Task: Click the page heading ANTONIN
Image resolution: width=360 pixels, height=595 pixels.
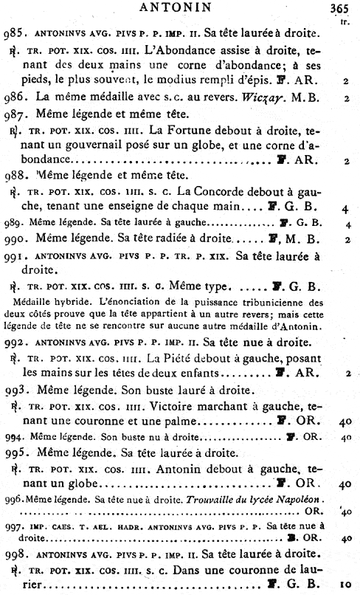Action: [x=181, y=8]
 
